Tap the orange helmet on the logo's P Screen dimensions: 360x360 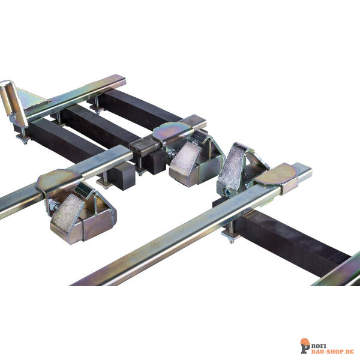click(305, 342)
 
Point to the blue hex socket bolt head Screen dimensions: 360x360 click(228, 192)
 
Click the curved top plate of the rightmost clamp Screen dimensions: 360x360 click(275, 175)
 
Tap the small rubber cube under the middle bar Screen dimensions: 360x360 click(121, 176)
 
